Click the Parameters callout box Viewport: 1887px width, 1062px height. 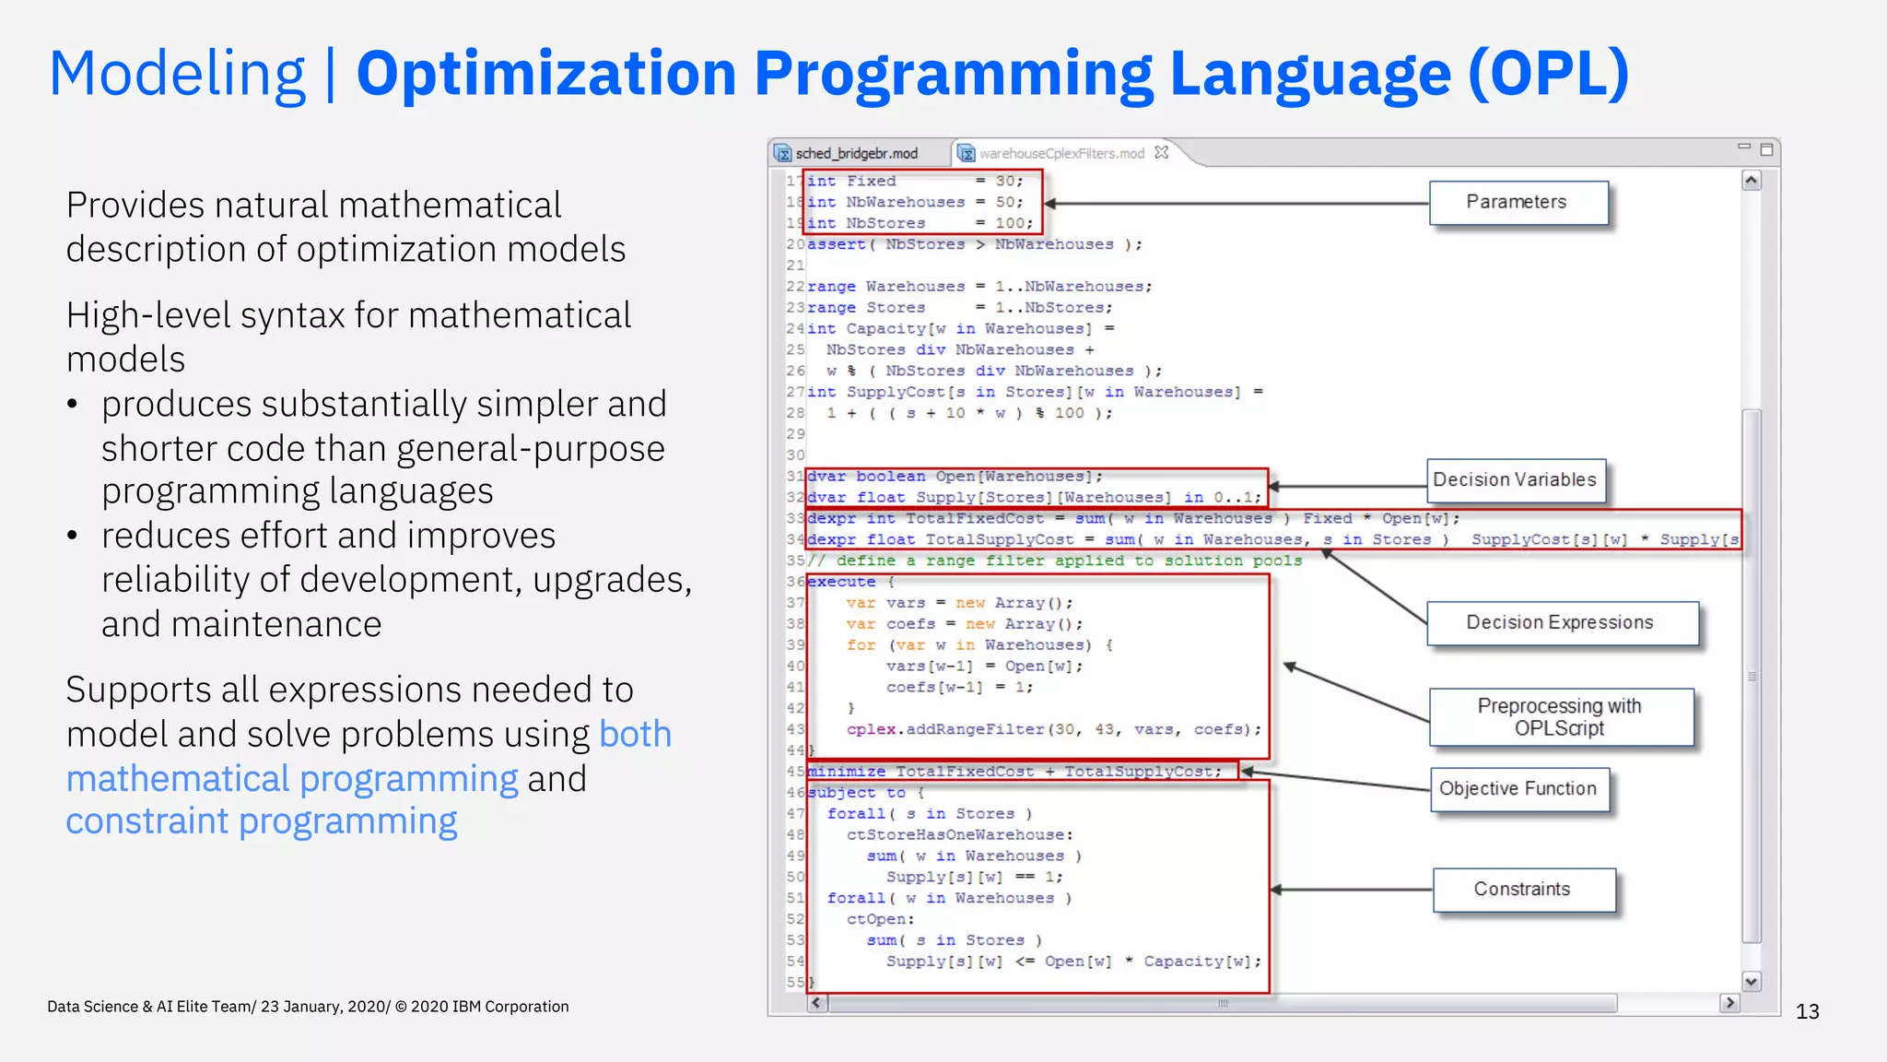coord(1518,203)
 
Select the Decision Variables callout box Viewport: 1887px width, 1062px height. coord(1515,480)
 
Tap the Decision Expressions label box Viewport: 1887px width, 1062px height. coord(1561,623)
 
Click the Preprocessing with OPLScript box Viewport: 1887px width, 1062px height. coord(1560,717)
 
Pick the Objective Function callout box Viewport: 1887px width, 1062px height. coord(1518,789)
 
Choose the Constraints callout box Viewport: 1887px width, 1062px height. coord(1523,890)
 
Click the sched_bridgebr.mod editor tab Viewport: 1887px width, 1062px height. coord(856,154)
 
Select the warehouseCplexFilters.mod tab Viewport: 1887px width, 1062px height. coord(1061,154)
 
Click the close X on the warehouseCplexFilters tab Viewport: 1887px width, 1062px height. coord(1162,153)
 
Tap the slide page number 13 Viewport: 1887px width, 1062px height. coord(1807,1012)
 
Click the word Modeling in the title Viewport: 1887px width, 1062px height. coord(177,74)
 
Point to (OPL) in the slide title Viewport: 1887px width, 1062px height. coord(1548,74)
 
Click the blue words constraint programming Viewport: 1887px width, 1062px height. coord(262,821)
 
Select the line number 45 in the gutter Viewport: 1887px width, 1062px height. coord(795,772)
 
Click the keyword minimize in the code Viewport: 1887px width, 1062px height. coord(846,772)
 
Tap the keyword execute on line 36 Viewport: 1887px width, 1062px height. coord(841,582)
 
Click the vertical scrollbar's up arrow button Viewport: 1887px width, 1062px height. coord(1752,181)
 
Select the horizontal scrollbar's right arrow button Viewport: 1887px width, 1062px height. coord(1729,1003)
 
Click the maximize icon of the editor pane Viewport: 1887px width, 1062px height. coord(1766,149)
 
